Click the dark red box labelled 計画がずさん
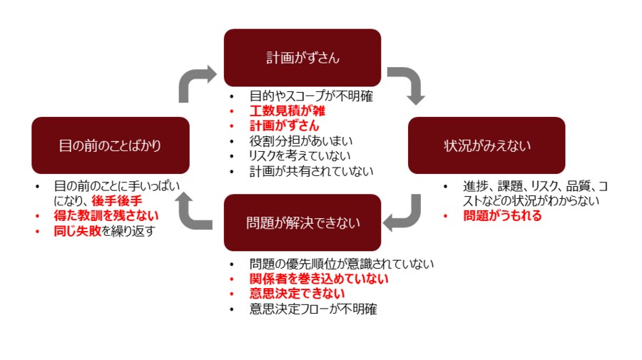pos(302,58)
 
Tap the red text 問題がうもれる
pos(502,215)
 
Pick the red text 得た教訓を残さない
pos(106,215)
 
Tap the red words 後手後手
pos(117,200)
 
